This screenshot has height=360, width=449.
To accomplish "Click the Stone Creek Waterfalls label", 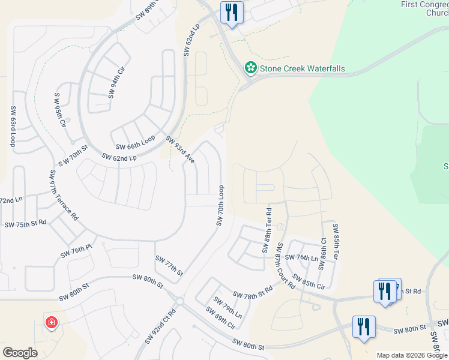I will pos(302,68).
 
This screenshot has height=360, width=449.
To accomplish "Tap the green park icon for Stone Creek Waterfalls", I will pos(250,68).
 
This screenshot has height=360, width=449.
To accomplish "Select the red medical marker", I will pos(52,323).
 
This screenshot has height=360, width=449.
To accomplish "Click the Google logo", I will pos(20,353).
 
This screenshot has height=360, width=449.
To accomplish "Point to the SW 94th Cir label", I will pos(116,83).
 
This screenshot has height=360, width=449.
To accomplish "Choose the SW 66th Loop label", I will pos(135,143).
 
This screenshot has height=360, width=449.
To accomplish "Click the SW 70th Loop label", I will pos(220,206).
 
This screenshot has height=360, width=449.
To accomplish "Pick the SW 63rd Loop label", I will pos(13,126).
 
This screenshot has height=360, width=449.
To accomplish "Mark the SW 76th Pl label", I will pos(76,251).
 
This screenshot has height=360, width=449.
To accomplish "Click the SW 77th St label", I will pos(169,265).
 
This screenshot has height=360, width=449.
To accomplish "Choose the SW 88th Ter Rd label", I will pos(268,230).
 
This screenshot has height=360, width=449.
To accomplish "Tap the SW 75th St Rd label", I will pos(25,224).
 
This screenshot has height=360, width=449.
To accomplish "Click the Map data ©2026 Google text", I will pos(412,355).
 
